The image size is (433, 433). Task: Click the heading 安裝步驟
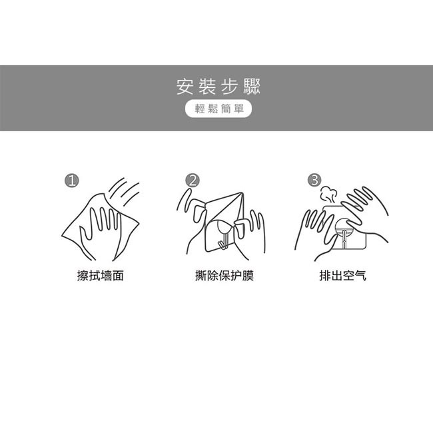pyautogui.click(x=218, y=87)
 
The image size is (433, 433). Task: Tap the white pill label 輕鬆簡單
pyautogui.click(x=218, y=109)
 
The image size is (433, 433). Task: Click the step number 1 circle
pyautogui.click(x=72, y=181)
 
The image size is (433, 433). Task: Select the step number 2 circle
pyautogui.click(x=193, y=181)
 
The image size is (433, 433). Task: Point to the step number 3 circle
pyautogui.click(x=315, y=180)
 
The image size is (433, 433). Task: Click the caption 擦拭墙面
pyautogui.click(x=101, y=276)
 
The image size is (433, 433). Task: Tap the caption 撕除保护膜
pyautogui.click(x=224, y=276)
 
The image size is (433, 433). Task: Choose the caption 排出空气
pyautogui.click(x=343, y=276)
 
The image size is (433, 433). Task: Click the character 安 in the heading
pyautogui.click(x=185, y=87)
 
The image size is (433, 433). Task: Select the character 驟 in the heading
pyautogui.click(x=252, y=87)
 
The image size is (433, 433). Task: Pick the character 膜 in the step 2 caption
pyautogui.click(x=248, y=276)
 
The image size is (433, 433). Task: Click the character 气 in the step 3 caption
pyautogui.click(x=360, y=276)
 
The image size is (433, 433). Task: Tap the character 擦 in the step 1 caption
pyautogui.click(x=83, y=276)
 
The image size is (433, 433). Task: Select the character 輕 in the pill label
pyautogui.click(x=199, y=109)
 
